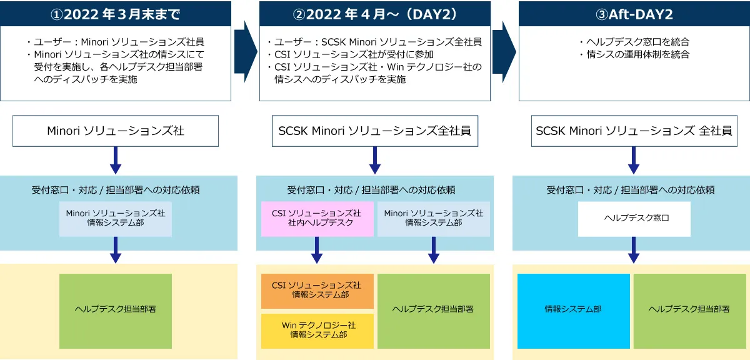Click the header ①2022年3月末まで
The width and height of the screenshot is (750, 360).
click(x=116, y=14)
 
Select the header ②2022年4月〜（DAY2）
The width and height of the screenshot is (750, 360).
click(x=375, y=14)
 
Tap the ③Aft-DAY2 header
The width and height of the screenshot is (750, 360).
click(x=634, y=14)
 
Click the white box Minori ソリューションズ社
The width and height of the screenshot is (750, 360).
click(x=116, y=131)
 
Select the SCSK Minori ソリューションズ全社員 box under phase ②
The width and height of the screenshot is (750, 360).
click(x=375, y=131)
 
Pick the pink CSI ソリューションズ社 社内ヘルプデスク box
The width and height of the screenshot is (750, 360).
click(x=317, y=218)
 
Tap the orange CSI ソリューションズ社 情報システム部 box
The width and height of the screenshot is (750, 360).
click(x=317, y=291)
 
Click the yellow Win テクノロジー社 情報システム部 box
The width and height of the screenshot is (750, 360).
click(x=317, y=331)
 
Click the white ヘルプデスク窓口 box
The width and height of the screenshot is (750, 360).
click(x=634, y=219)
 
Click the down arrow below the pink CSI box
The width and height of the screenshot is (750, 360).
click(x=317, y=251)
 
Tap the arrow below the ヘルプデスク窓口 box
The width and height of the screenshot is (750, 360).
click(x=634, y=251)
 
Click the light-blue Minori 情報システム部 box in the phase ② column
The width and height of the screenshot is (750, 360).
click(x=433, y=218)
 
